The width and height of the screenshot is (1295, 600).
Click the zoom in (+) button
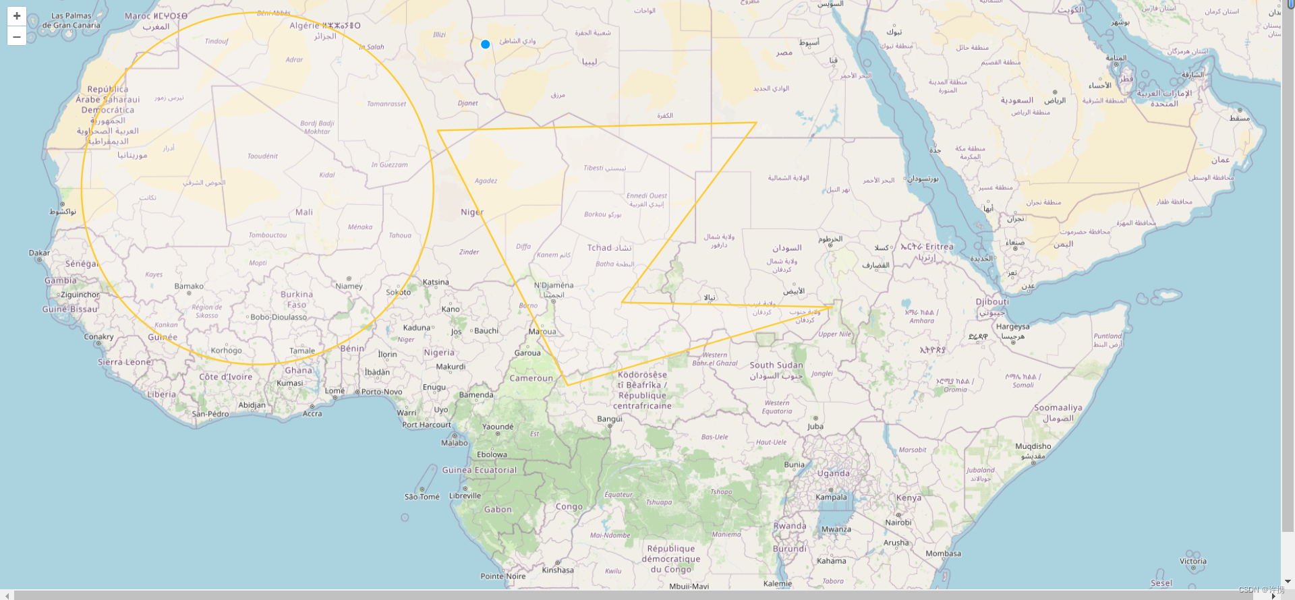point(17,16)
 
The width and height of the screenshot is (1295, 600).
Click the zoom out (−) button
point(17,36)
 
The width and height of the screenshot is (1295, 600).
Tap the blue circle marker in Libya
point(485,44)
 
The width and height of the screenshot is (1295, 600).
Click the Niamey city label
point(349,286)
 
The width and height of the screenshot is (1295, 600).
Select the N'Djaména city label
point(554,285)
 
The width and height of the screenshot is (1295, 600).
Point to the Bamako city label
point(189,287)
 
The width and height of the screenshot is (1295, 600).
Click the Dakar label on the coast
point(39,253)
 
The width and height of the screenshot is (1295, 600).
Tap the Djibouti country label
point(992,302)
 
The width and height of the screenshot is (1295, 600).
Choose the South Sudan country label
point(776,365)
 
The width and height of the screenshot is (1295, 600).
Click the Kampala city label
point(831,498)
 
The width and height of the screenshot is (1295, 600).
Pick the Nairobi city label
point(898,522)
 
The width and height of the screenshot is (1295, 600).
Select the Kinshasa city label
point(558,570)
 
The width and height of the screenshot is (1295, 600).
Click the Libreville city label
point(465,496)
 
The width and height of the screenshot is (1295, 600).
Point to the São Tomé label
point(422,497)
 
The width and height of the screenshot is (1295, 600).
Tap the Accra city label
point(312,414)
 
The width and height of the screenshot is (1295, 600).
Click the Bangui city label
point(610,419)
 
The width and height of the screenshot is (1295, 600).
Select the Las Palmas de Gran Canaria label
point(71,21)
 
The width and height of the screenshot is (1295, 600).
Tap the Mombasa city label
point(943,554)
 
